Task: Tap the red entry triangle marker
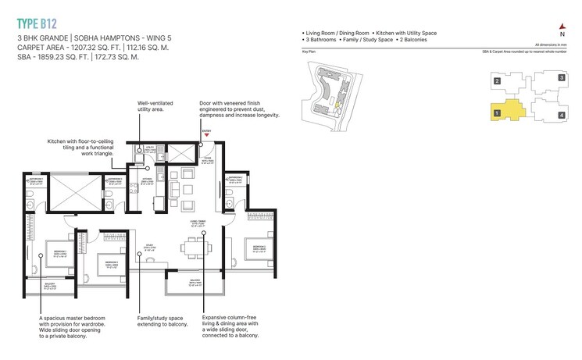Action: (x=205, y=135)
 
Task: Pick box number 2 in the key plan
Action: (x=496, y=80)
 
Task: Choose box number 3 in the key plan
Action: (x=561, y=78)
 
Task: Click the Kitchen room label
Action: (x=146, y=180)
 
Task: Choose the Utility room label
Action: (x=150, y=146)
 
